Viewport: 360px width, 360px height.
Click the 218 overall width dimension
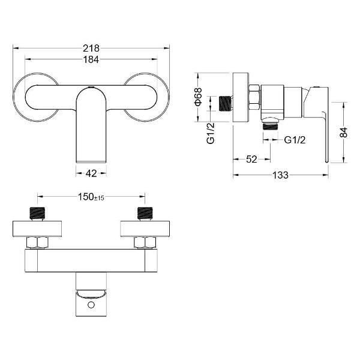click(91, 48)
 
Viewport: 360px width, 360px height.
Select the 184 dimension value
click(91, 59)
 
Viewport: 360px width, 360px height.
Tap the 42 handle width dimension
click(91, 173)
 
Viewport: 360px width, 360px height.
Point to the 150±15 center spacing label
click(91, 197)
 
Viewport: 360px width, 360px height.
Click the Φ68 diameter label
click(198, 97)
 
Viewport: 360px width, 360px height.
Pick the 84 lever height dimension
click(343, 132)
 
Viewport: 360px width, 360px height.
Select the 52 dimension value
click(251, 159)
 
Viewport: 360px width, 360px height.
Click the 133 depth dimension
click(280, 175)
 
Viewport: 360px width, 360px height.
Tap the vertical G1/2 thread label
click(211, 133)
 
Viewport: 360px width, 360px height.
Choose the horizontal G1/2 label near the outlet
click(295, 140)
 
